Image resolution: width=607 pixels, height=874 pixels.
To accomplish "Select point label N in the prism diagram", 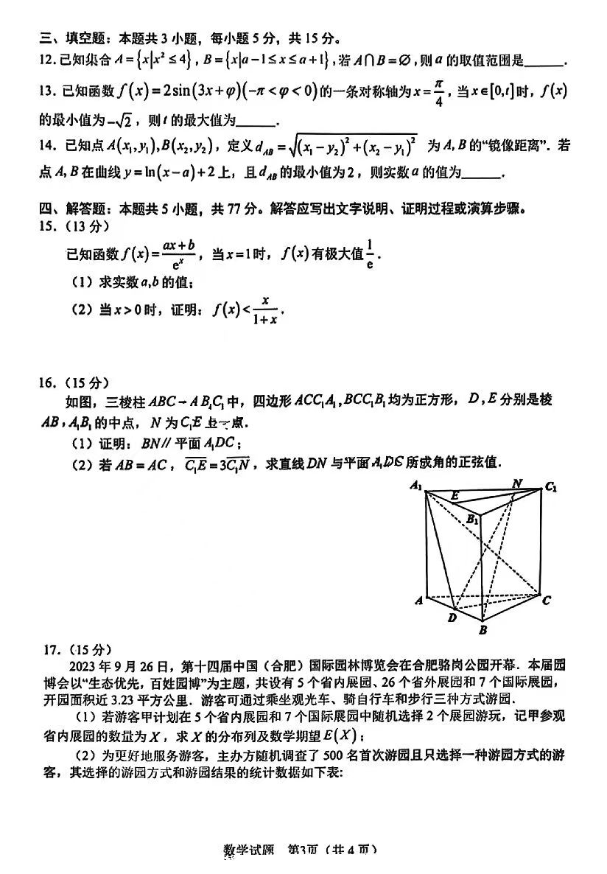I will [x=517, y=483].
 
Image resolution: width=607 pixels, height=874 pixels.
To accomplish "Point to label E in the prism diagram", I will [x=455, y=496].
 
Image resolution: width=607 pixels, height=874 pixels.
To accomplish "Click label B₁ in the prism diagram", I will [x=472, y=520].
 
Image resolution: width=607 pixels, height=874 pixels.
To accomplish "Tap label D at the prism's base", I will [x=452, y=618].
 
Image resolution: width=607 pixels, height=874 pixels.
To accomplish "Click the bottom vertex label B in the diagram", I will [x=483, y=630].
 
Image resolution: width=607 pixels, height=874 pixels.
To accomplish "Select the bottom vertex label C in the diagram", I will [x=546, y=601].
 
